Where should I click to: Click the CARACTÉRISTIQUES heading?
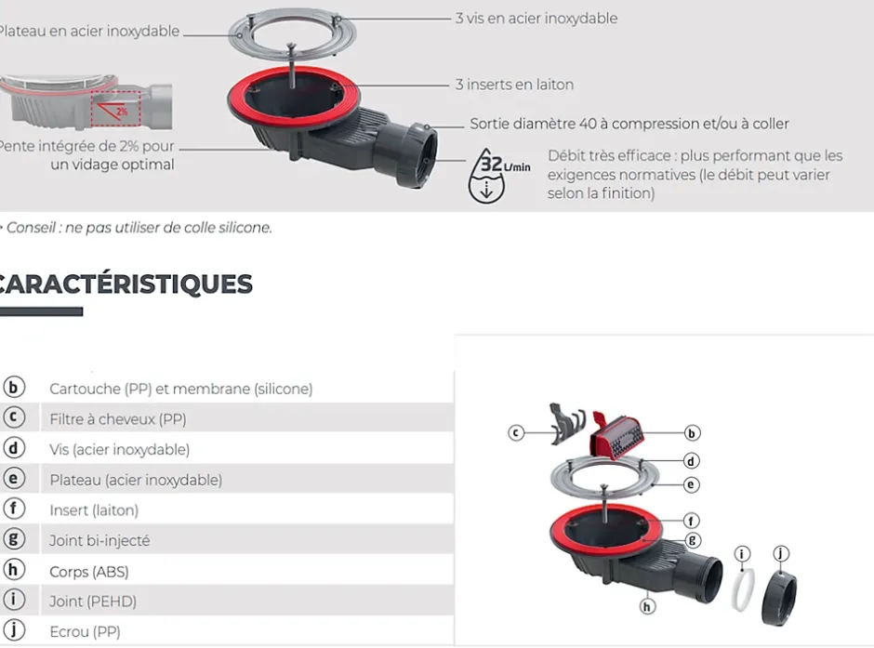(126, 283)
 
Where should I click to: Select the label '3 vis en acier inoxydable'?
(536, 19)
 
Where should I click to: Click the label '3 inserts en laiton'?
(514, 85)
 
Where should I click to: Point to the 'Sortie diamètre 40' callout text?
(629, 124)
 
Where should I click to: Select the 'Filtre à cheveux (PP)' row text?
(118, 419)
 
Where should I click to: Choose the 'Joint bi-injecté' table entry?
(99, 540)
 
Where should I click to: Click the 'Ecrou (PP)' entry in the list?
(85, 631)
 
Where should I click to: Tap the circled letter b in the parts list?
(14, 388)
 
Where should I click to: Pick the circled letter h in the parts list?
(14, 570)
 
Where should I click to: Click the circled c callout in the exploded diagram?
(517, 432)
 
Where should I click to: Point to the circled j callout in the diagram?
(781, 554)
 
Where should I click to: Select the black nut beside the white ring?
(778, 597)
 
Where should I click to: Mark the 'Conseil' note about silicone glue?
(139, 227)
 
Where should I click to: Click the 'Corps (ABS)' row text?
(89, 571)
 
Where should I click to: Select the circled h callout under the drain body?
(648, 606)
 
